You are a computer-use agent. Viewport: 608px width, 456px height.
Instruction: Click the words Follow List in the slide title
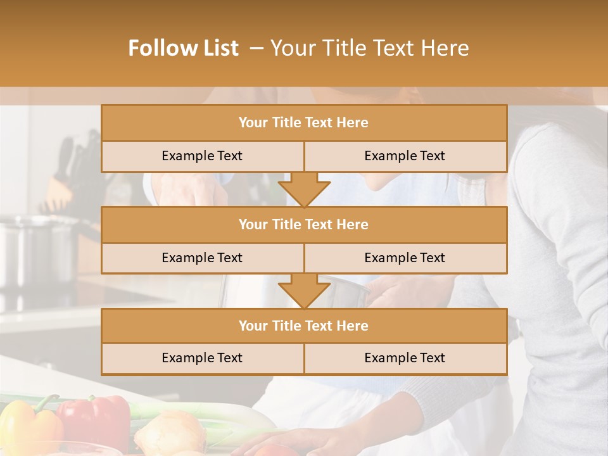tap(183, 48)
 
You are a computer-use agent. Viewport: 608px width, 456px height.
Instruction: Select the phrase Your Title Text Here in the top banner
tap(369, 48)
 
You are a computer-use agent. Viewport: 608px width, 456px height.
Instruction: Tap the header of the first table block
tap(303, 123)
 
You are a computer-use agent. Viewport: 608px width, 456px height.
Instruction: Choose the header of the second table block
tap(303, 225)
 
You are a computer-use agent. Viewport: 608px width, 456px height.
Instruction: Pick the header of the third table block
tap(303, 326)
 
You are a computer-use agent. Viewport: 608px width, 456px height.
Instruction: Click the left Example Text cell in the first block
tap(202, 156)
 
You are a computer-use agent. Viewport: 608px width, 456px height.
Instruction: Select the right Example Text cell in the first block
tap(405, 156)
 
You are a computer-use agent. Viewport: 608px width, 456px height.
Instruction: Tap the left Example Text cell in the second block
tap(202, 258)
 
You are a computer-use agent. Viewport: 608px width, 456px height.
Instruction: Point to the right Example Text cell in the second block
tap(405, 258)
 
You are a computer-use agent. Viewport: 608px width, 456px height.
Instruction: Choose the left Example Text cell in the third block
tap(202, 358)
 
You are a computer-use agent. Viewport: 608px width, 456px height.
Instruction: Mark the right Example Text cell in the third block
tap(405, 358)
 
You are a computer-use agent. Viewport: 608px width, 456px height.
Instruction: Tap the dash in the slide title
tap(256, 48)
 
